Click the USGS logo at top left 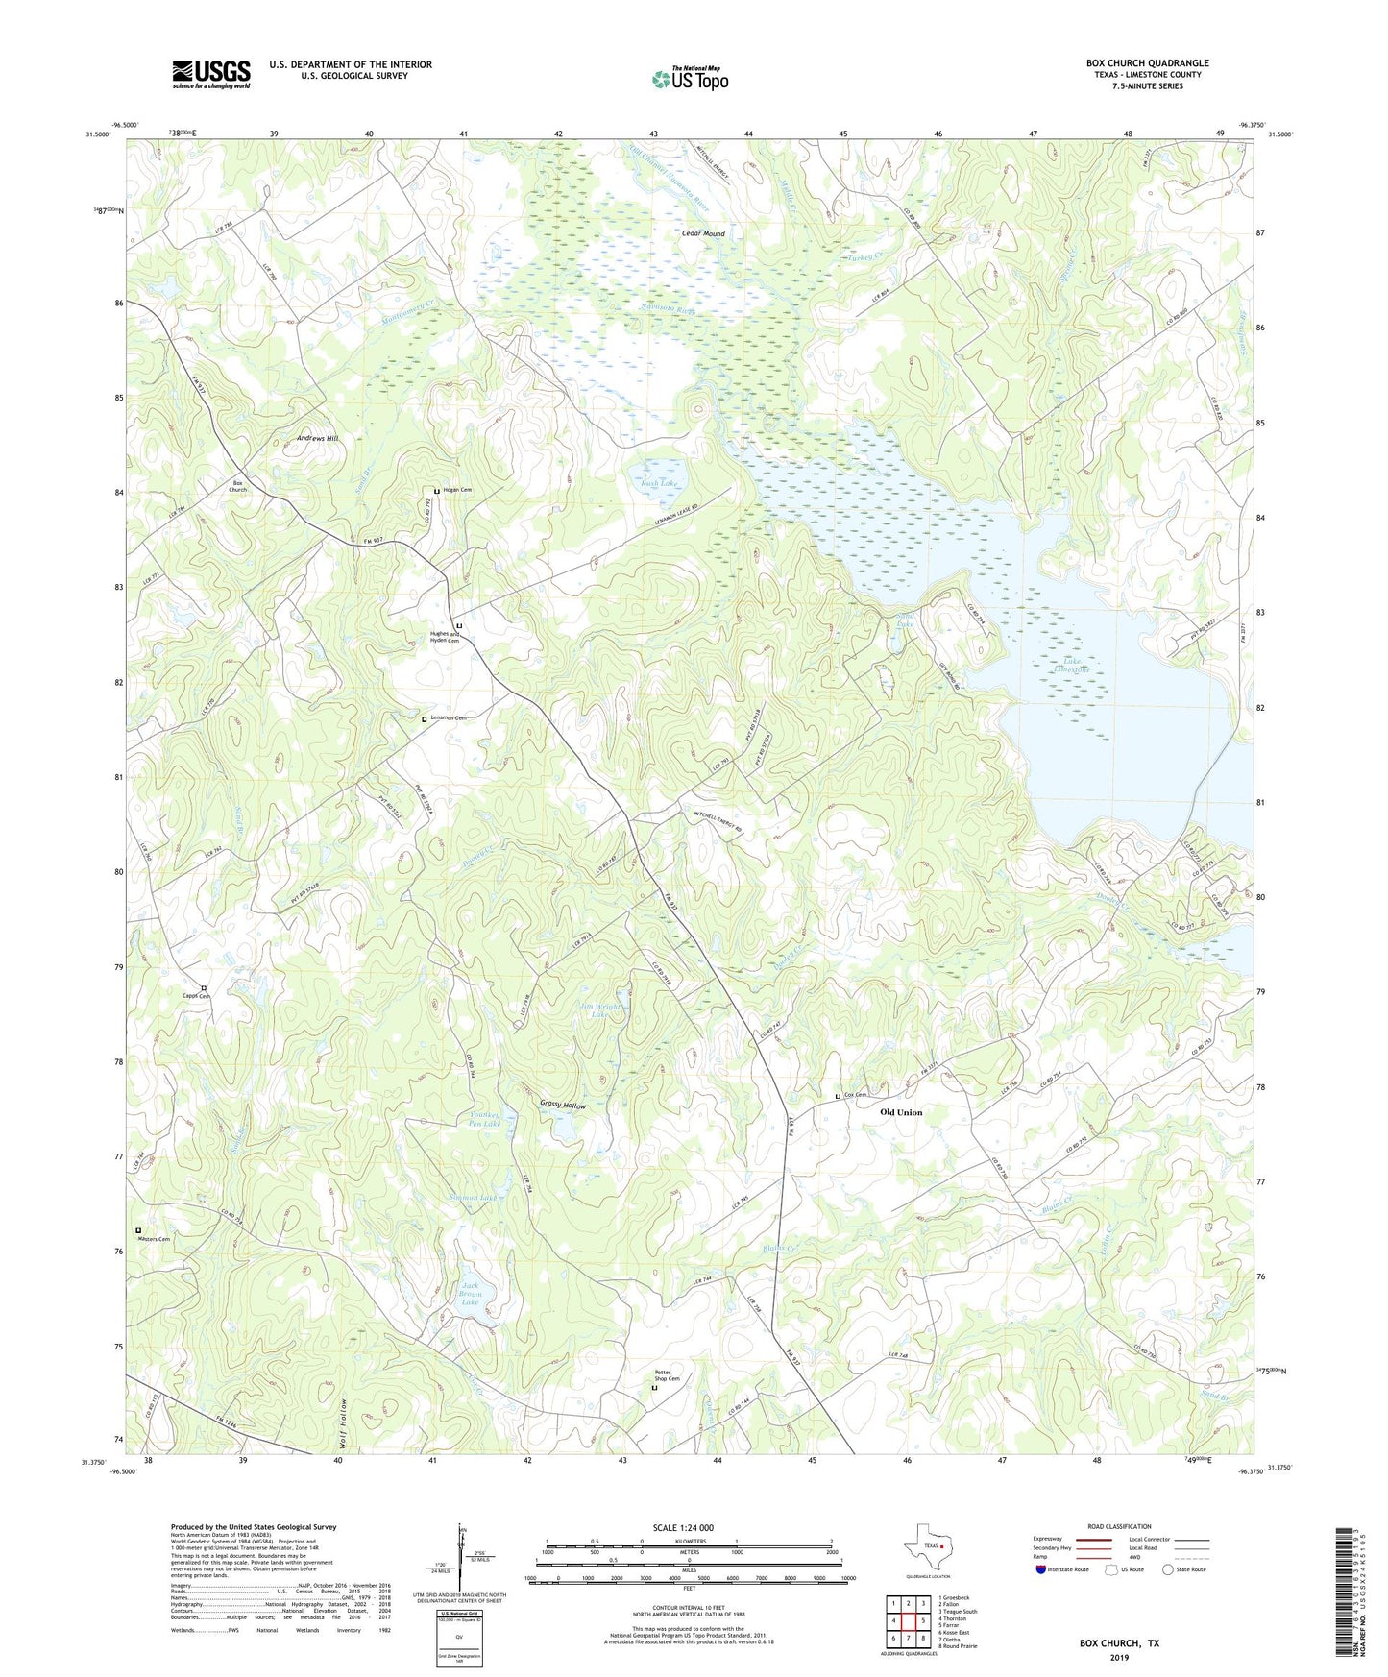click(x=211, y=73)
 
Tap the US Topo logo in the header click(x=690, y=79)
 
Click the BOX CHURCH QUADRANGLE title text click(x=1148, y=63)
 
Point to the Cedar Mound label click(x=703, y=233)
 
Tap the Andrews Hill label click(x=318, y=438)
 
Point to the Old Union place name click(x=901, y=1112)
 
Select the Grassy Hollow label click(x=563, y=1106)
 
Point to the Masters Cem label click(x=154, y=1239)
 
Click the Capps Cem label click(x=196, y=996)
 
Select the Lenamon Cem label click(x=448, y=718)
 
